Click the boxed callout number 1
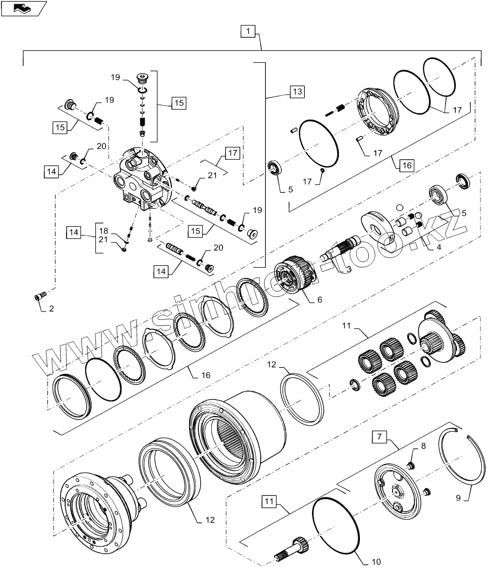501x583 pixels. point(248,32)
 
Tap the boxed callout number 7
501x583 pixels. point(379,438)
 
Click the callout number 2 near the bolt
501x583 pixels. point(51,308)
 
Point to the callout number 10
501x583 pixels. point(376,562)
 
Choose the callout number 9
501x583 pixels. point(458,498)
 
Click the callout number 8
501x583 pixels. point(423,446)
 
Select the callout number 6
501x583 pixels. point(319,300)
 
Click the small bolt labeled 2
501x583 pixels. point(40,296)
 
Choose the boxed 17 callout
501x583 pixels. point(233,153)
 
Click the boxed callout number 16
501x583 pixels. point(407,165)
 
